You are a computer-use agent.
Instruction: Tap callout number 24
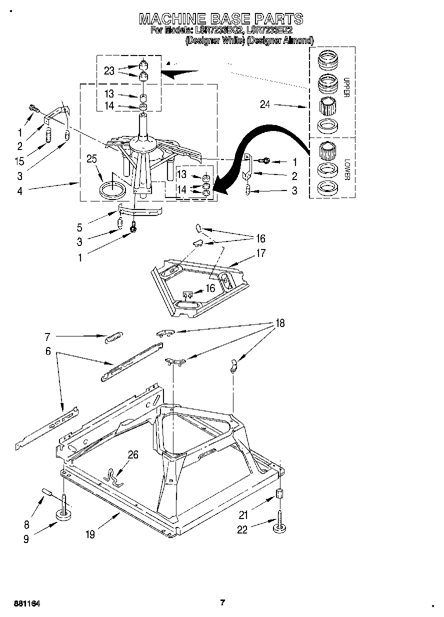pyautogui.click(x=265, y=104)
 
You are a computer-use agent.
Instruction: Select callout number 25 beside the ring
pyautogui.click(x=91, y=159)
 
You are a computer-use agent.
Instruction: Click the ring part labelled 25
pyautogui.click(x=113, y=190)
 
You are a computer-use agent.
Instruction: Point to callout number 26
pyautogui.click(x=133, y=454)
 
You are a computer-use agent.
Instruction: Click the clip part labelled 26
pyautogui.click(x=113, y=475)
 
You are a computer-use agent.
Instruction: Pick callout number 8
pyautogui.click(x=26, y=524)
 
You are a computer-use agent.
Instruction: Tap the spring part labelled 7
pyautogui.click(x=113, y=337)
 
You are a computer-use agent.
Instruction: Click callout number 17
pyautogui.click(x=260, y=253)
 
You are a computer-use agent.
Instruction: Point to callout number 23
pyautogui.click(x=109, y=71)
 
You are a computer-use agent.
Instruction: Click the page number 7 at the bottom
pyautogui.click(x=222, y=602)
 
